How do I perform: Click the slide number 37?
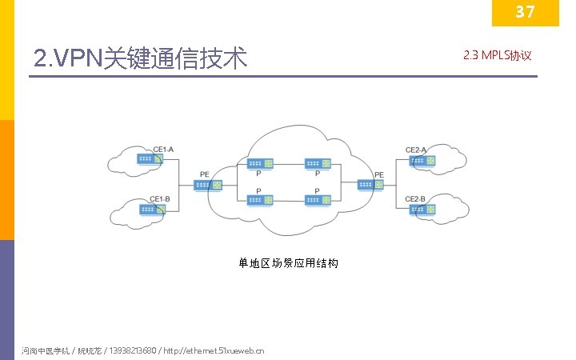(x=525, y=12)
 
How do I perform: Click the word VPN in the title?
(x=77, y=58)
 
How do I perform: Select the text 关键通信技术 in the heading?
(x=176, y=58)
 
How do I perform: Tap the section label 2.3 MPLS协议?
(x=497, y=56)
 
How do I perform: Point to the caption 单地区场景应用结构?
(x=288, y=262)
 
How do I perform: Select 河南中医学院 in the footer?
(x=45, y=350)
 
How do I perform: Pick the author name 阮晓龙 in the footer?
(x=87, y=350)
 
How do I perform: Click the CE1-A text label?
(x=163, y=150)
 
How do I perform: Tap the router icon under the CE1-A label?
(x=149, y=159)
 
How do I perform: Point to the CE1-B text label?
(x=160, y=200)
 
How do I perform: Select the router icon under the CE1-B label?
(x=150, y=210)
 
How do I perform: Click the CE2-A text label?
(x=416, y=150)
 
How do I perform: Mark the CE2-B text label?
(x=415, y=198)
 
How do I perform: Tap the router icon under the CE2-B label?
(x=422, y=210)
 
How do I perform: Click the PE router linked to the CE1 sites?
(x=204, y=185)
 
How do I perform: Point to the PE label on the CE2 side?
(x=378, y=174)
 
